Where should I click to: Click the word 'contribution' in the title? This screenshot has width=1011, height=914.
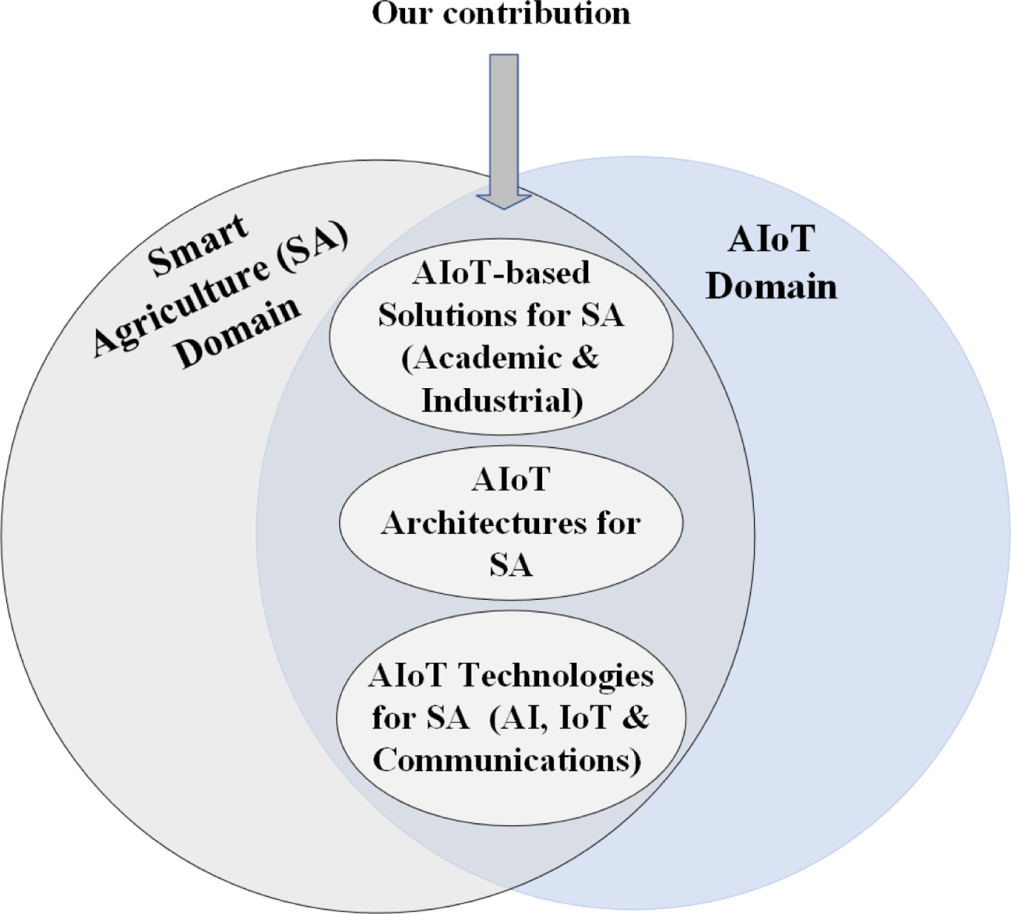[x=537, y=13]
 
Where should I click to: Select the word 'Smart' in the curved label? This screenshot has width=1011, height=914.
[x=198, y=245]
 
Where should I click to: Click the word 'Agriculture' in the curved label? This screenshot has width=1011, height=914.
[x=181, y=307]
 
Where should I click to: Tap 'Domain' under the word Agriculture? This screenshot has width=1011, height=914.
[x=237, y=332]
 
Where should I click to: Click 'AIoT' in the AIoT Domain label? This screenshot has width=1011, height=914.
[x=771, y=238]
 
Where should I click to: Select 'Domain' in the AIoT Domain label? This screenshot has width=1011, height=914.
[x=771, y=286]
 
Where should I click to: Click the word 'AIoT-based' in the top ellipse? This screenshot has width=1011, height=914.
[x=501, y=272]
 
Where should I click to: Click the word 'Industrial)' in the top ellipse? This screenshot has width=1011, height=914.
[x=502, y=401]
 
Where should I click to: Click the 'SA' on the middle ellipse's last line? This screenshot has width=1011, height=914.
[x=511, y=565]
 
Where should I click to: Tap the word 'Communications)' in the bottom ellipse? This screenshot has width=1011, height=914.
[x=507, y=760]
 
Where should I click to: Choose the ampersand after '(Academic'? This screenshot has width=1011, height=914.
[x=585, y=357]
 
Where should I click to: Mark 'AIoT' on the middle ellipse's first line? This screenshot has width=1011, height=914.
[x=511, y=480]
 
